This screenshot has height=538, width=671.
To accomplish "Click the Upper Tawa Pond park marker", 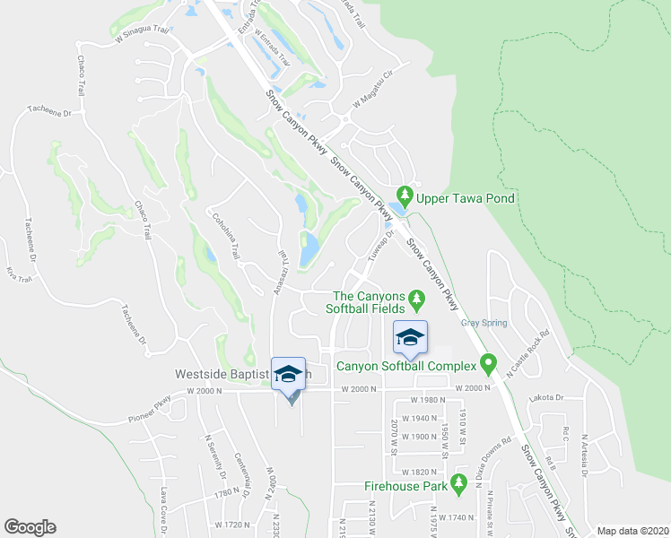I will click(405, 195).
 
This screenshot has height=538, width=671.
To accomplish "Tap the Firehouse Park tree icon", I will click(459, 484).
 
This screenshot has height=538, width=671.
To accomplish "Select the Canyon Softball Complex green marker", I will click(488, 364).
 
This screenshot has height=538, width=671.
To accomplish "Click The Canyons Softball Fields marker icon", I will click(415, 297).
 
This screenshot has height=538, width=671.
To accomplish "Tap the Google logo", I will click(30, 527).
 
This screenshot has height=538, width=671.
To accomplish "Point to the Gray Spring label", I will click(484, 323).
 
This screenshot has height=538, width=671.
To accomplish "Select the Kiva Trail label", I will click(12, 268).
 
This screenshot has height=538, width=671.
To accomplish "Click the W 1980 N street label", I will click(428, 400).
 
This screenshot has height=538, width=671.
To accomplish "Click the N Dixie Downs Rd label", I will click(495, 457).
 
